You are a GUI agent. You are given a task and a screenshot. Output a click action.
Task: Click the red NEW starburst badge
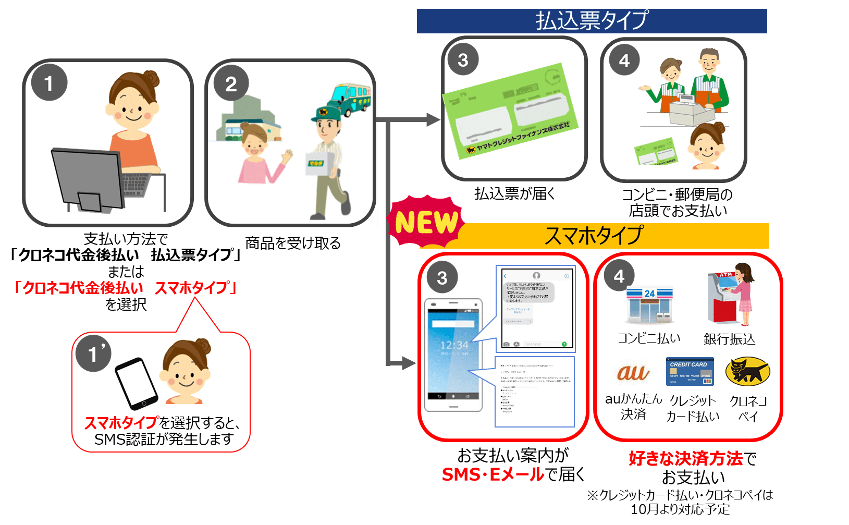425,222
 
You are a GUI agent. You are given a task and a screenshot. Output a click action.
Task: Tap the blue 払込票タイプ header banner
592,21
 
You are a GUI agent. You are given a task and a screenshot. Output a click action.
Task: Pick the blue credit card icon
690,371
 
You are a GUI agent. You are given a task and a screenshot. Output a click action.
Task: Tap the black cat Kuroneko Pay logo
750,371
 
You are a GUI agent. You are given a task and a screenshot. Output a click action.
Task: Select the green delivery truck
349,99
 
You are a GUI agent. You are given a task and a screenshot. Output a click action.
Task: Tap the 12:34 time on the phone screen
454,345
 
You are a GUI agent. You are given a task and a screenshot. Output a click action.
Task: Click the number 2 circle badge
230,84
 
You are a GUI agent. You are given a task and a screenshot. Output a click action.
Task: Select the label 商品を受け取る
293,243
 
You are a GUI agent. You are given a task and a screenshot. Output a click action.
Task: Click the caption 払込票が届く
514,194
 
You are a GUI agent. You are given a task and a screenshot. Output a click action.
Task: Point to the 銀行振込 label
729,339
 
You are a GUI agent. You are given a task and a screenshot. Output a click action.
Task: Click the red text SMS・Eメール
493,474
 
